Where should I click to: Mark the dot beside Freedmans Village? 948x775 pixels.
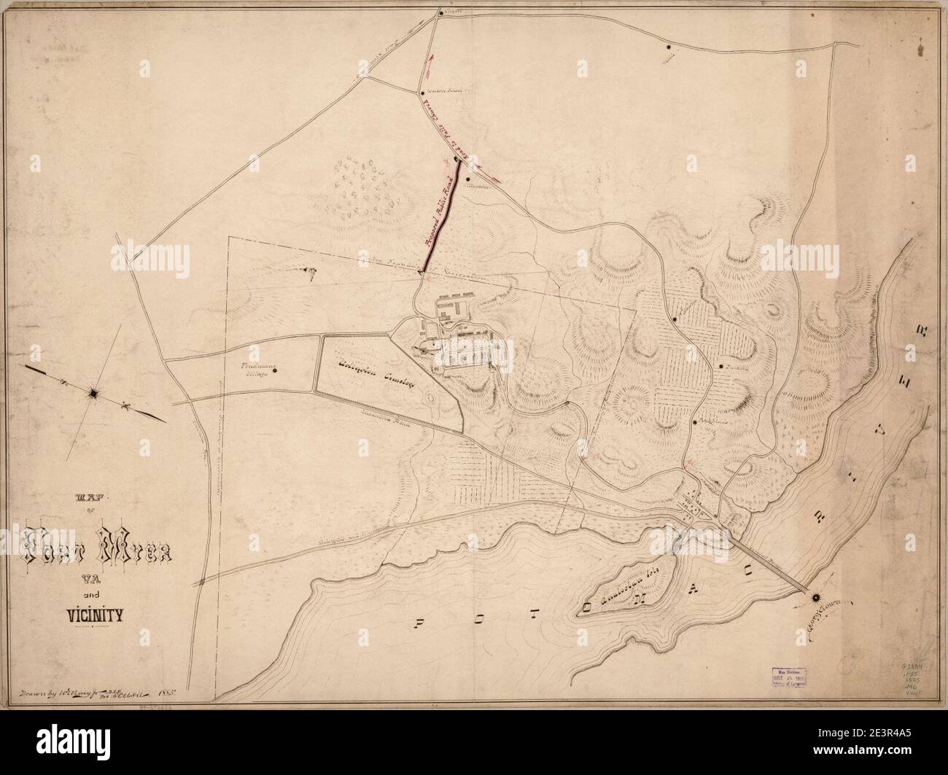pos(275,370)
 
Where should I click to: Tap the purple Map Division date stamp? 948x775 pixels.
pos(786,676)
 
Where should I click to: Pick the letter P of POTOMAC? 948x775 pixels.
pos(421,622)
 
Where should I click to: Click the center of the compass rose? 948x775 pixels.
pos(94,394)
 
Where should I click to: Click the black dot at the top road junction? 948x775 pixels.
pos(439,12)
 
